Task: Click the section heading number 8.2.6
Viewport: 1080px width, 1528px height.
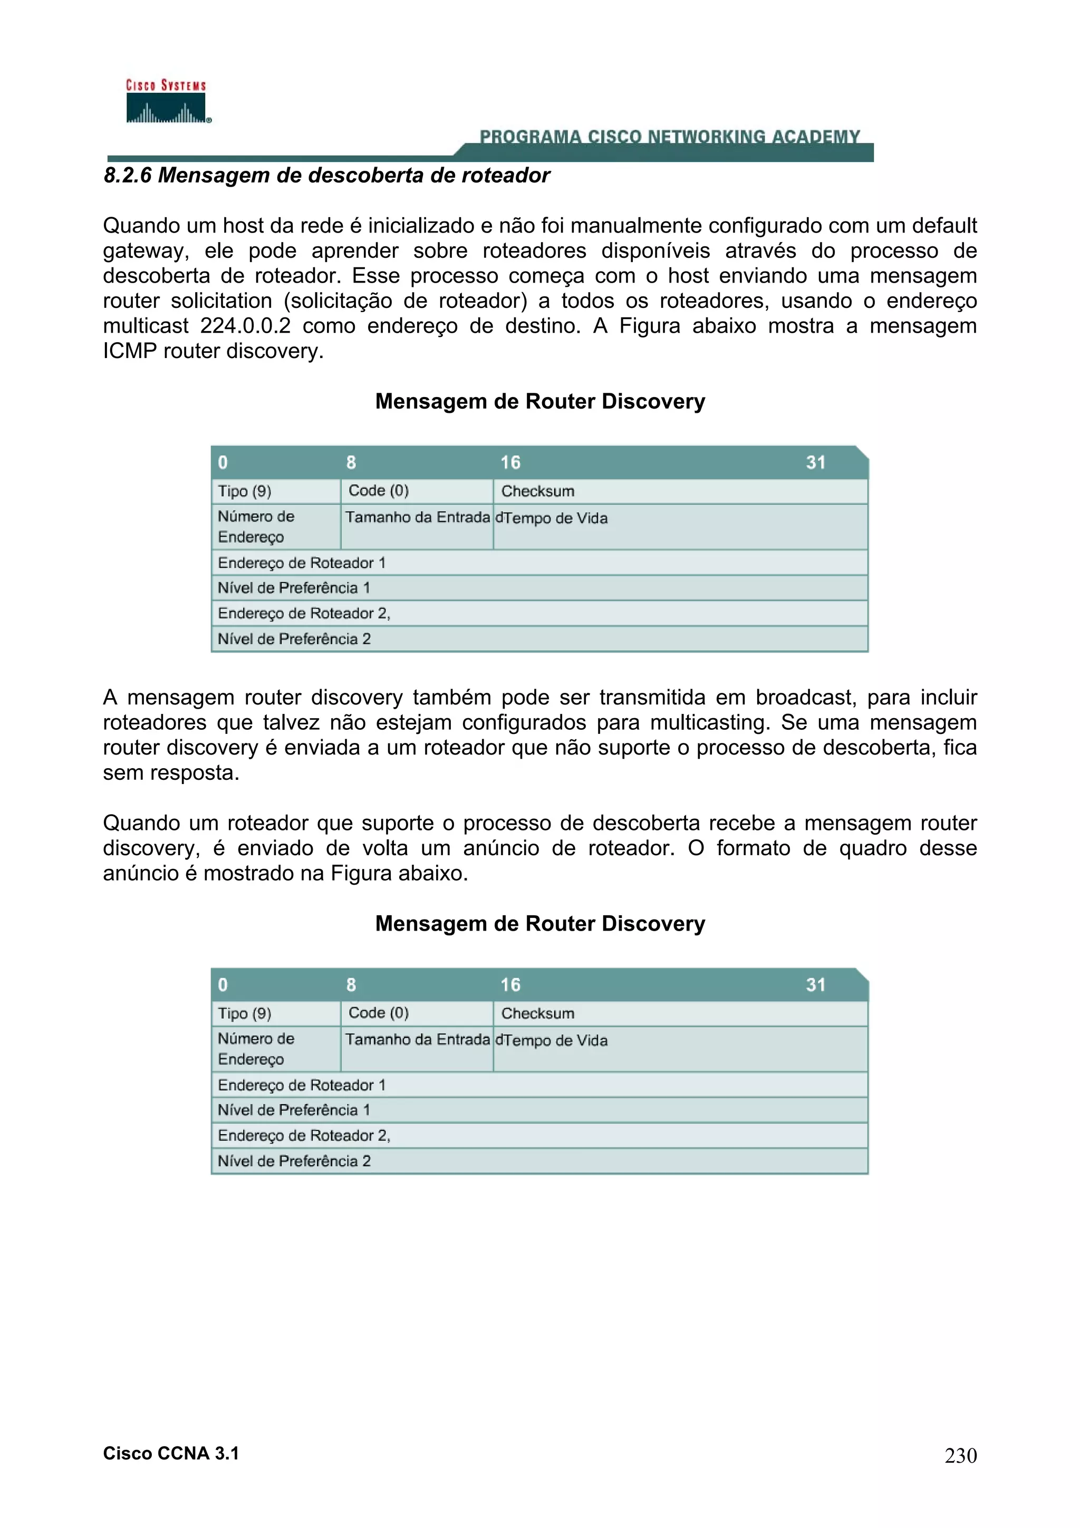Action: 128,175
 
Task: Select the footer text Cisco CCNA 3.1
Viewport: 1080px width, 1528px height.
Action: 170,1454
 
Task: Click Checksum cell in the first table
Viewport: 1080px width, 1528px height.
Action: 538,491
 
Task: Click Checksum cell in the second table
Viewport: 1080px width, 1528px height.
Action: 538,1013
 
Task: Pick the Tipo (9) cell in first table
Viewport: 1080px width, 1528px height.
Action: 245,491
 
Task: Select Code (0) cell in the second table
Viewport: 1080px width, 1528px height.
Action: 379,1013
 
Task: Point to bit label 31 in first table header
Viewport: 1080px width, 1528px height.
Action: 815,462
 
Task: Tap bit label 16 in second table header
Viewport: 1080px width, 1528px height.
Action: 510,985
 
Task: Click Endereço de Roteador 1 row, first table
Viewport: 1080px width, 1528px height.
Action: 302,563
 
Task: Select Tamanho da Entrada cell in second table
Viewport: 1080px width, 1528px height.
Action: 417,1040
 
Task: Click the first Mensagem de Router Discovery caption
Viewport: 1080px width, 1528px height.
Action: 539,401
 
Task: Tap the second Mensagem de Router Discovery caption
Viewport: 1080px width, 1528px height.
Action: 539,924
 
